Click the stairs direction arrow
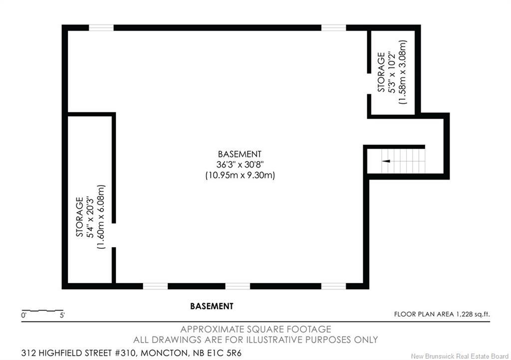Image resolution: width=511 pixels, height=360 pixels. (x=385, y=161)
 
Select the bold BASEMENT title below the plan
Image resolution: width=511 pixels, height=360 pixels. (x=212, y=306)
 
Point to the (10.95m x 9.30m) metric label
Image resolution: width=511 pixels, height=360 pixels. (x=240, y=176)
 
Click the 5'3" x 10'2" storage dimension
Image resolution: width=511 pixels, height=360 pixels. (x=392, y=72)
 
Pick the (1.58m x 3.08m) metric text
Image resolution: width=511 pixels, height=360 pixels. (x=403, y=72)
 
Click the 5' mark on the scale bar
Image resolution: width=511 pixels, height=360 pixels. (x=62, y=316)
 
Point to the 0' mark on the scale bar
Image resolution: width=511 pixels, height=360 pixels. (x=23, y=316)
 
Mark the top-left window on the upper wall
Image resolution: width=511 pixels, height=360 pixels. (x=101, y=28)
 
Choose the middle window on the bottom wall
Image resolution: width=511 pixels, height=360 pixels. (x=237, y=286)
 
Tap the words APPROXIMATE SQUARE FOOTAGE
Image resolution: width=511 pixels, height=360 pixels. (x=255, y=329)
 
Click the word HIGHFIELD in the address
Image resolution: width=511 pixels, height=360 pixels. (x=63, y=353)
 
